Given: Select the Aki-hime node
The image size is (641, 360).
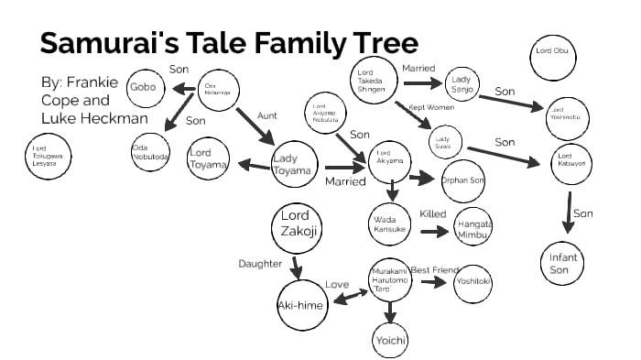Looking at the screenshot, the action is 301,305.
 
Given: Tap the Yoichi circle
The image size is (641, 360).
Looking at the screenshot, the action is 389,341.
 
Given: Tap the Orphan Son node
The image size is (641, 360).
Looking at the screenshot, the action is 463,180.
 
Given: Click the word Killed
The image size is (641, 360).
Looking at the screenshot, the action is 432,214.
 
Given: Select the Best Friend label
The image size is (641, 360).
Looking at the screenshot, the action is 432,269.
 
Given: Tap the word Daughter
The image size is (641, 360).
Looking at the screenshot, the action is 261,264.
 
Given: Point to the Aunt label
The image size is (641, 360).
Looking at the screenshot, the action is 267,115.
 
